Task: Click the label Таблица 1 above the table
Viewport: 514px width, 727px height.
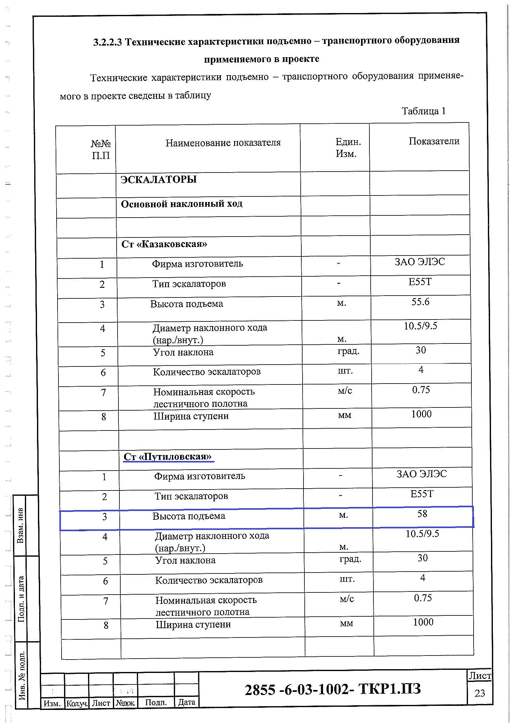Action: (424, 111)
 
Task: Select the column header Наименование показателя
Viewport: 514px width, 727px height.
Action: (223, 143)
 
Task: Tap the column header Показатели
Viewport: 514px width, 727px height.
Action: (433, 141)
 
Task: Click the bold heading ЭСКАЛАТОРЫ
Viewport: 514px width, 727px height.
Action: (159, 180)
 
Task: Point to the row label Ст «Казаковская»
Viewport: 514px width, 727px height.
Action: (164, 244)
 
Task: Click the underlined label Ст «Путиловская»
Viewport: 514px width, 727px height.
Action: (167, 457)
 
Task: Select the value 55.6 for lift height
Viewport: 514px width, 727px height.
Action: (420, 302)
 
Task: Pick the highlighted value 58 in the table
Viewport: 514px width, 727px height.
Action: (422, 513)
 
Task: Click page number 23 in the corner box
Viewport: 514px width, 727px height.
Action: (479, 693)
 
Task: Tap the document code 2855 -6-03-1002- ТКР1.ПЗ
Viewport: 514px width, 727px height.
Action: (332, 689)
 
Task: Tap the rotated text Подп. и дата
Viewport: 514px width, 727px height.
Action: (21, 599)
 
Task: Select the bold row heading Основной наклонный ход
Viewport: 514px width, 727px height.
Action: (182, 204)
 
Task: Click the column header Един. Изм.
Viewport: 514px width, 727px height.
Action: (347, 148)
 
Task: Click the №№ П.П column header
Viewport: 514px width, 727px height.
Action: (101, 150)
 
